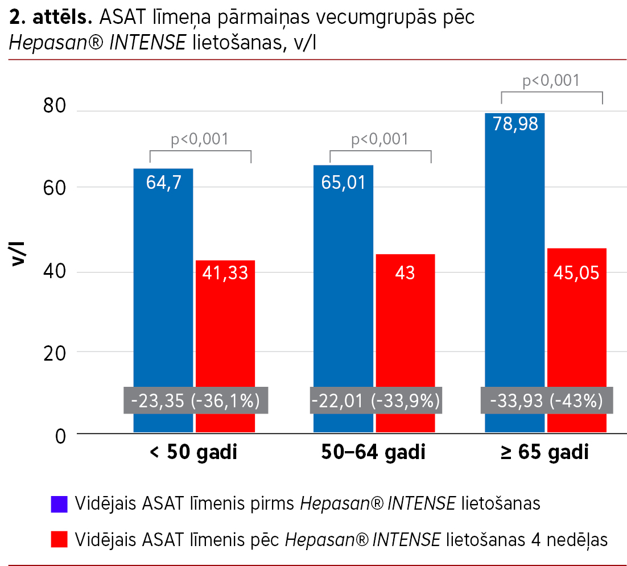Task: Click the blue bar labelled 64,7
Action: [163, 284]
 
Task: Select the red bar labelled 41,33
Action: [225, 330]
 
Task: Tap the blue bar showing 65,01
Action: [343, 284]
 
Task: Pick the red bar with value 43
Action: [405, 330]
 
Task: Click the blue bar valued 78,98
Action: [514, 256]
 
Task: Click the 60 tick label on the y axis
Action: [55, 188]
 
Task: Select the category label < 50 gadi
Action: [193, 453]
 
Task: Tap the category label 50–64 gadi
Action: [373, 453]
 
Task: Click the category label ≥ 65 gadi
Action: [545, 453]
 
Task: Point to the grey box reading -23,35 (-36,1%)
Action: [195, 401]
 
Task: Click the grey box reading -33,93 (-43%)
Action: [546, 401]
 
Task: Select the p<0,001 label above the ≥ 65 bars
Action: [551, 80]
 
